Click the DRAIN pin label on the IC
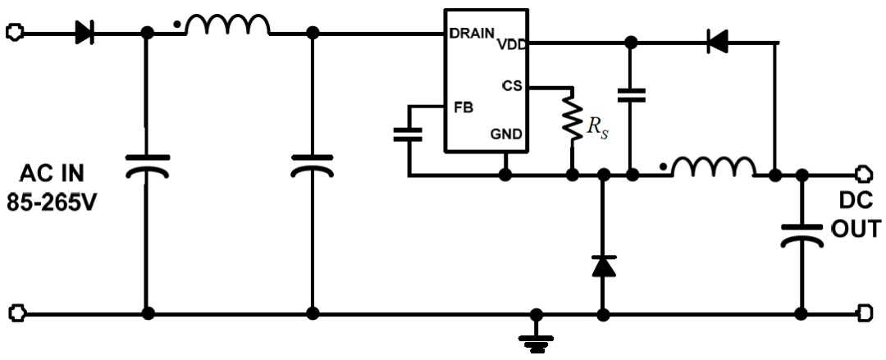coord(473,34)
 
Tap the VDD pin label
coord(512,43)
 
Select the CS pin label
coord(513,86)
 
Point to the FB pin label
coord(464,107)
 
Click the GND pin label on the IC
coord(506,134)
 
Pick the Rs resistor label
coord(597,128)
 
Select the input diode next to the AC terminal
coord(84,33)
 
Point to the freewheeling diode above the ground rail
coord(604,266)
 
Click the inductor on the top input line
coord(228,25)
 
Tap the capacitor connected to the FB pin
coord(408,134)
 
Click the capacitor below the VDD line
coord(631,95)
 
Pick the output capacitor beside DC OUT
coord(802,235)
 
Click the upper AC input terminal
coord(14,32)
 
